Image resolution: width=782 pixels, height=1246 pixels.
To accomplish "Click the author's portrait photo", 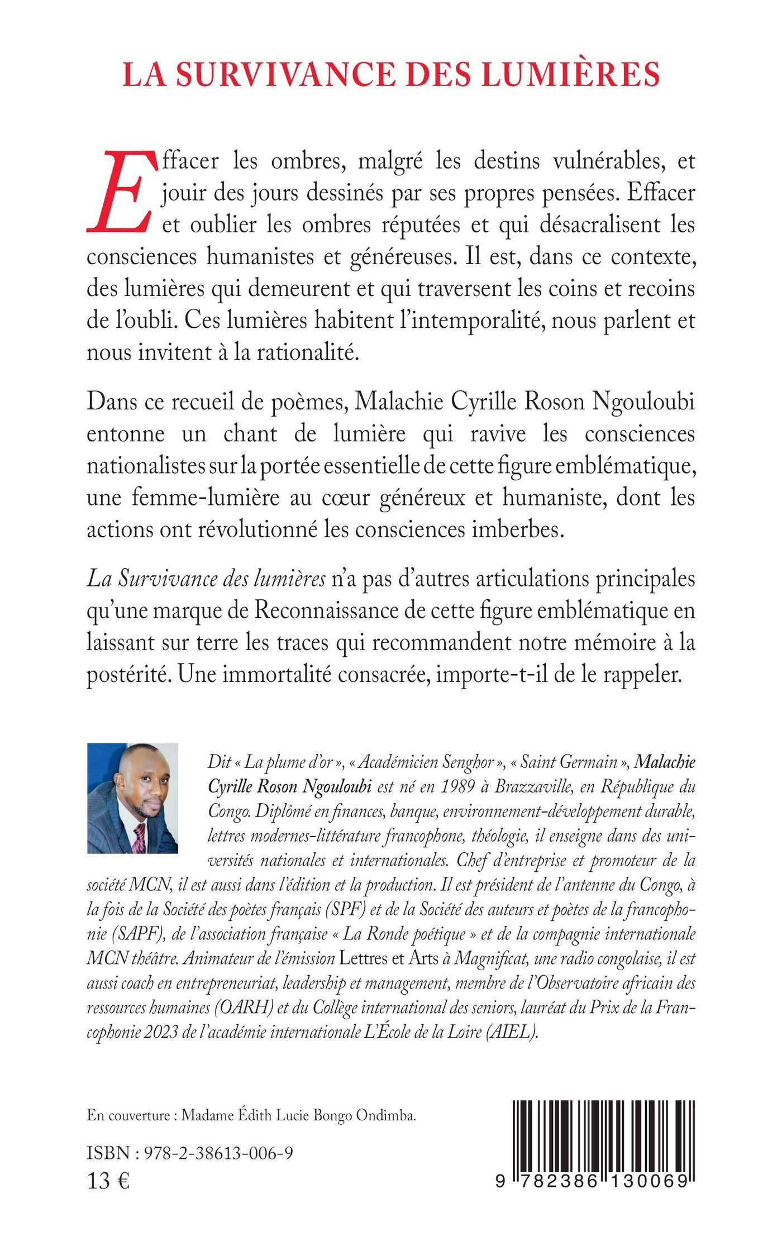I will (x=132, y=798).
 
